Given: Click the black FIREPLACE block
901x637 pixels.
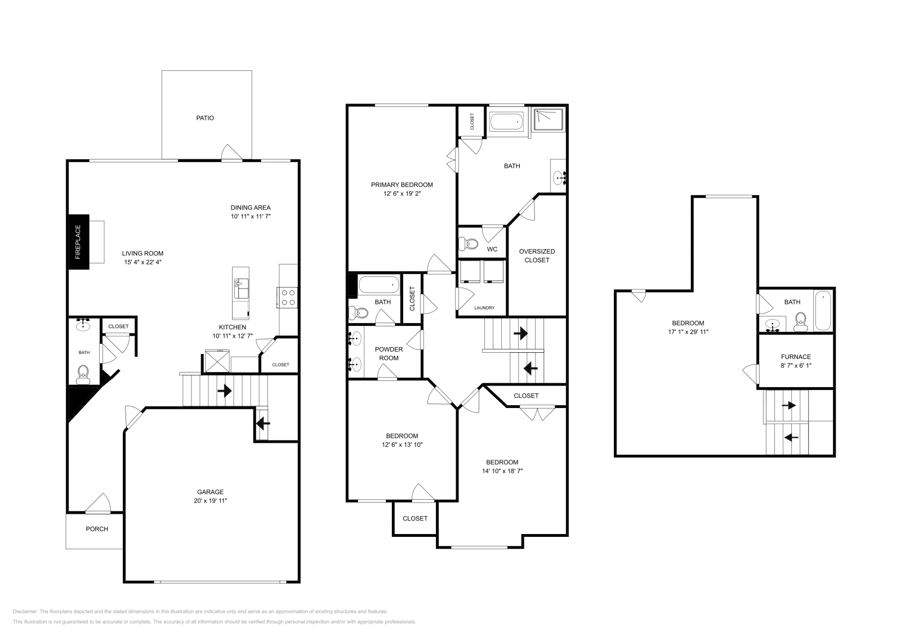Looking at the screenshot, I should coord(78,242).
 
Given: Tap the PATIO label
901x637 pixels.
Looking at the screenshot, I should coord(205,118).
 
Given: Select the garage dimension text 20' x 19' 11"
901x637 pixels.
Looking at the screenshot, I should coord(210,500).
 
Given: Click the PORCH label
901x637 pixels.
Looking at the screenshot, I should coord(97,529).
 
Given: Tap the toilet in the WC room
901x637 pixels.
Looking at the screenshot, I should coord(468,244).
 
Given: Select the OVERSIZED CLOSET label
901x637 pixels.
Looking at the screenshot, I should coord(537,255).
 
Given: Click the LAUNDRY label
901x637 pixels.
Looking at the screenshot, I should coord(484,308).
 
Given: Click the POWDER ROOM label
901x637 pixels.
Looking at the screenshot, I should coord(389,353).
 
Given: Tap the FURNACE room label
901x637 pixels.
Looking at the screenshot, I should coord(796,357).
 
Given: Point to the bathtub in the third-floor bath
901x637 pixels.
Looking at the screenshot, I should coord(822,311).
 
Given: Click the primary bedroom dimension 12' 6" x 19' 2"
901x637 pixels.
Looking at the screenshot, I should coord(402,193).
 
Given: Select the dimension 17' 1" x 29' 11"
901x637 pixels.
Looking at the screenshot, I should coord(688,331).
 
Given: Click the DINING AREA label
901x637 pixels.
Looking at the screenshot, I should coord(251,208).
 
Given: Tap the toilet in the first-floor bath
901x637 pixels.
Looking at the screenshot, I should coord(83,373).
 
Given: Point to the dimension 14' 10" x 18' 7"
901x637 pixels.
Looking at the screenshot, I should coord(502,471).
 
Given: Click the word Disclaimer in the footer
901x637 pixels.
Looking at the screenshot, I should coord(24,611).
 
